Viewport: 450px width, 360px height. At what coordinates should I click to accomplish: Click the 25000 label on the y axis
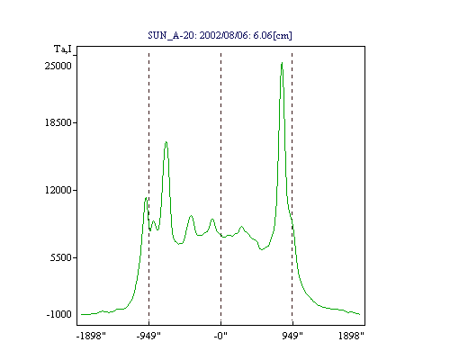[58, 66]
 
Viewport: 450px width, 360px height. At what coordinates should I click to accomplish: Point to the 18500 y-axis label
[58, 122]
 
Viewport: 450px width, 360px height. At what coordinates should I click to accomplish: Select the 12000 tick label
[58, 190]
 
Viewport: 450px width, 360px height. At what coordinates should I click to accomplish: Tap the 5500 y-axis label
[61, 257]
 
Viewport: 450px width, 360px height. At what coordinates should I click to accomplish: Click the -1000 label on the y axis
[58, 314]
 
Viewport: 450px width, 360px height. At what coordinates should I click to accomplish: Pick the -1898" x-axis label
[91, 336]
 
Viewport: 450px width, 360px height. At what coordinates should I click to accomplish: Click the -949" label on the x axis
[148, 336]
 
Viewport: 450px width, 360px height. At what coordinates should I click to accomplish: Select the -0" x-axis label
[220, 336]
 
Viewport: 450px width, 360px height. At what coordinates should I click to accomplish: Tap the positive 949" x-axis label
[292, 336]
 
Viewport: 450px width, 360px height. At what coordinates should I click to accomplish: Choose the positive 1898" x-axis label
[351, 336]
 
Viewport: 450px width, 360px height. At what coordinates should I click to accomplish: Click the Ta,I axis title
[63, 49]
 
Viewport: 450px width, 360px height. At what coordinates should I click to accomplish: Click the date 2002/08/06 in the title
[224, 35]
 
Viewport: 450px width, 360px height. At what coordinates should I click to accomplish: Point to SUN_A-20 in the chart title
[171, 35]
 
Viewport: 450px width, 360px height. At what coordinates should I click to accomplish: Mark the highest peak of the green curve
[282, 63]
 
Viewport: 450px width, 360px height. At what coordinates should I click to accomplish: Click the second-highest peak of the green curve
[166, 142]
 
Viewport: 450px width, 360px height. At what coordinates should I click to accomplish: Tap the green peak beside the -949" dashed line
[146, 198]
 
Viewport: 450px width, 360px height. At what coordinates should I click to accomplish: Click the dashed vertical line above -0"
[221, 189]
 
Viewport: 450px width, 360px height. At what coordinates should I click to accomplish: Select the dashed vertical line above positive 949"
[292, 189]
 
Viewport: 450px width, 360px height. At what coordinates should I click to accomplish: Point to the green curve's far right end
[360, 314]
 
